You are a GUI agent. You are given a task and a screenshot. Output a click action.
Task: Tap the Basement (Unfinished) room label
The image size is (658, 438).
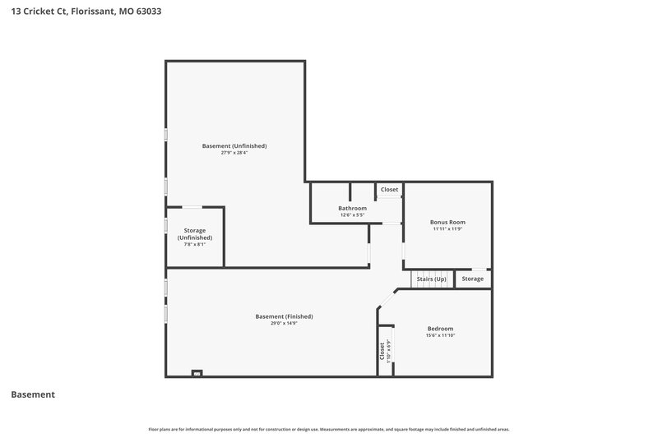tap(234, 145)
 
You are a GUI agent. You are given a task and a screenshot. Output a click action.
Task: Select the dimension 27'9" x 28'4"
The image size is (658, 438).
tap(234, 153)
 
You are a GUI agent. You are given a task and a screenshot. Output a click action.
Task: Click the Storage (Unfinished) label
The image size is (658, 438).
tap(195, 233)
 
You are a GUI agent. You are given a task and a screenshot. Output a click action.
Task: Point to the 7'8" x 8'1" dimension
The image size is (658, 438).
tap(195, 244)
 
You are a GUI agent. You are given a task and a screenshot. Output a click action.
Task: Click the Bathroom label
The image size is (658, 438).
tap(352, 208)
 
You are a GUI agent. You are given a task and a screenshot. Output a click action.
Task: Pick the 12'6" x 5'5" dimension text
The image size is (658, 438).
tap(352, 215)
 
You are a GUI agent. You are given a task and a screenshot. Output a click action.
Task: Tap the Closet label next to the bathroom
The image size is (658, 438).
tap(389, 190)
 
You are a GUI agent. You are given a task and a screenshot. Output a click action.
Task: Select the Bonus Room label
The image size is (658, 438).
tap(447, 222)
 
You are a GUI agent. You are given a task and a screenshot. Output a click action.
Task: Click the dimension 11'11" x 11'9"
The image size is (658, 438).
tap(447, 229)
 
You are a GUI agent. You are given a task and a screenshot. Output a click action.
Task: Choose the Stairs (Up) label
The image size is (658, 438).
tap(432, 279)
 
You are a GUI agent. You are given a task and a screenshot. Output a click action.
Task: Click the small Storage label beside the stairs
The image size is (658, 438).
tap(473, 279)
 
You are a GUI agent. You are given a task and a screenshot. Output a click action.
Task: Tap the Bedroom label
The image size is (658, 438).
tap(440, 329)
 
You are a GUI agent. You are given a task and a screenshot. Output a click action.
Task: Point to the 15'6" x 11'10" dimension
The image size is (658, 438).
tap(440, 335)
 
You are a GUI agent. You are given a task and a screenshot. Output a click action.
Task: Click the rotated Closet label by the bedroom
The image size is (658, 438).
tap(382, 353)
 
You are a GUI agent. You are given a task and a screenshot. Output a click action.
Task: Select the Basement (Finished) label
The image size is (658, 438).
tap(284, 316)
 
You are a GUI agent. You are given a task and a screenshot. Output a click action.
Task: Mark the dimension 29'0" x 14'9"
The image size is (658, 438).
tap(284, 323)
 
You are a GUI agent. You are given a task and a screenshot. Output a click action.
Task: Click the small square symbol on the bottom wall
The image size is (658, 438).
tap(197, 374)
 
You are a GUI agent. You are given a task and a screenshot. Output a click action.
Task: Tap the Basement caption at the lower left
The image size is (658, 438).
tap(33, 394)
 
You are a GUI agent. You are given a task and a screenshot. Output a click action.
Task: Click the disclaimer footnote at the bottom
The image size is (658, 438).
tap(329, 429)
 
